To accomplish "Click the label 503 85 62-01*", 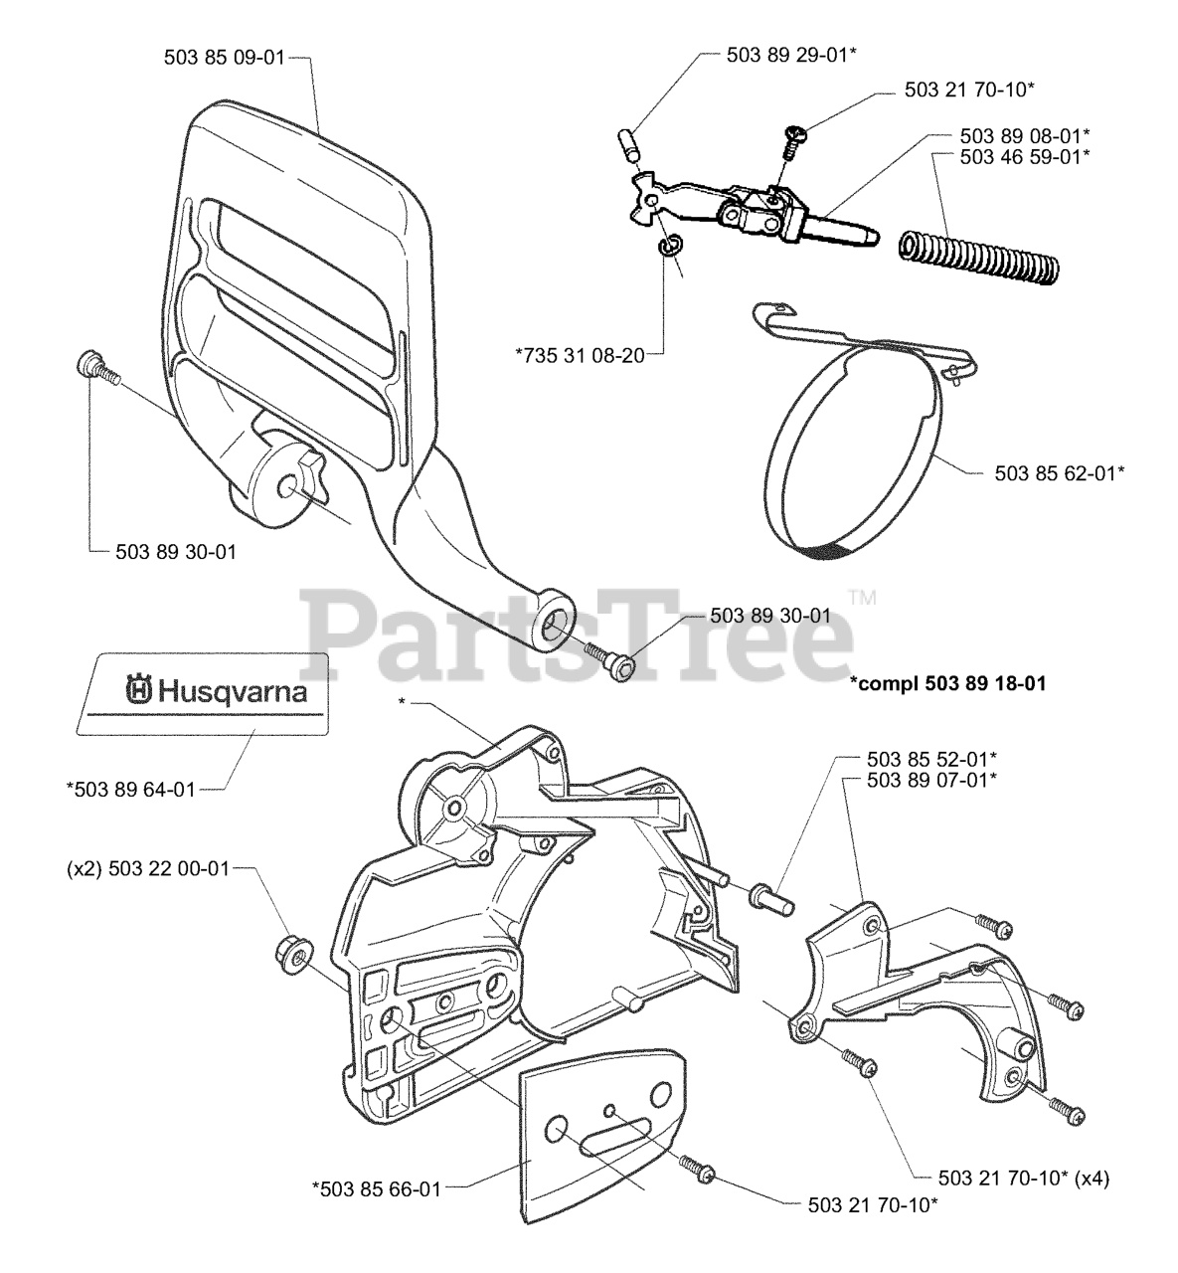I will (1060, 473).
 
